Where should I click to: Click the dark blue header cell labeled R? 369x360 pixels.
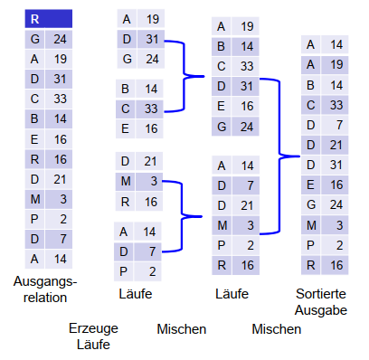tap(49, 19)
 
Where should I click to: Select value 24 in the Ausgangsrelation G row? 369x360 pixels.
tap(60, 39)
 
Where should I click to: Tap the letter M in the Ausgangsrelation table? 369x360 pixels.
tap(35, 199)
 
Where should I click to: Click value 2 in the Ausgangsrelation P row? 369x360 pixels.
tap(63, 219)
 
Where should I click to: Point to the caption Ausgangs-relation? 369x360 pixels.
tap(45, 289)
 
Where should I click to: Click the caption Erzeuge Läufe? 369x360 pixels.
tap(93, 336)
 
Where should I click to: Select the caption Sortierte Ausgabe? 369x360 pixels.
tap(321, 302)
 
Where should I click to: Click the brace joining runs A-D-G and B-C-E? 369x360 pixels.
tap(184, 76)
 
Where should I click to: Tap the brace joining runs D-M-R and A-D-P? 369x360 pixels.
tap(182, 216)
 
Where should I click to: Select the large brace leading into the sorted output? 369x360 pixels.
tap(279, 156)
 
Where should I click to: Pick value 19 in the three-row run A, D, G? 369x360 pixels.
tap(153, 19)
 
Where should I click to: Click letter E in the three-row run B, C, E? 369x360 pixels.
tap(125, 128)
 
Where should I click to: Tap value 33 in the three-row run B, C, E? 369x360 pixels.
tap(151, 109)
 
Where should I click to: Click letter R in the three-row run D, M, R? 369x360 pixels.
tap(125, 202)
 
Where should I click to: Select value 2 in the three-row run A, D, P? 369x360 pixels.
tap(153, 271)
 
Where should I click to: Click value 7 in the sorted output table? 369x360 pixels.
tap(339, 125)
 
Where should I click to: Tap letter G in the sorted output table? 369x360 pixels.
tap(311, 204)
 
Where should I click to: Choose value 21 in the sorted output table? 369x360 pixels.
tap(336, 145)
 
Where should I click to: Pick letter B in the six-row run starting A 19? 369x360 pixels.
tap(221, 46)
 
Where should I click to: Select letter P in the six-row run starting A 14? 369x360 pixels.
tap(222, 245)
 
